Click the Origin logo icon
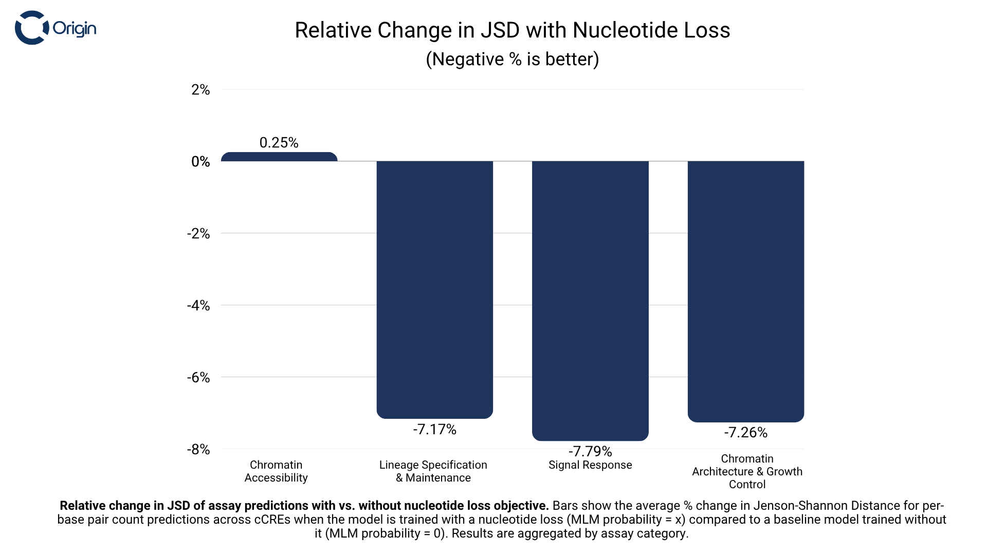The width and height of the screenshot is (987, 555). click(x=31, y=28)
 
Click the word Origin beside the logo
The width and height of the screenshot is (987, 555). click(x=75, y=28)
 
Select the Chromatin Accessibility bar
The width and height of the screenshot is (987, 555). click(x=279, y=157)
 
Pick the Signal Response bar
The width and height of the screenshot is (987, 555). click(x=590, y=300)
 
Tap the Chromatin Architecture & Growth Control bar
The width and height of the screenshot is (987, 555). click(x=746, y=291)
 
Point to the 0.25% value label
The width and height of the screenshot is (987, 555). click(x=279, y=142)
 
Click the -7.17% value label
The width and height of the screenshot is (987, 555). click(x=435, y=429)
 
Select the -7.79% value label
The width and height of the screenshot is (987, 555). click(x=590, y=451)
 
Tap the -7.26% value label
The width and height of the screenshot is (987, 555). click(x=746, y=432)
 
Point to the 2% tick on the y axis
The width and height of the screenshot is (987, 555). click(x=200, y=90)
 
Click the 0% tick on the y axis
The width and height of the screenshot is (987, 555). click(x=200, y=162)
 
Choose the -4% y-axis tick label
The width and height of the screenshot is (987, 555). click(x=198, y=306)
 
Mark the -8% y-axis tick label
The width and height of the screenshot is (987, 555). click(x=198, y=450)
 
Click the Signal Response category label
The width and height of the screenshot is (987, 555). click(x=590, y=465)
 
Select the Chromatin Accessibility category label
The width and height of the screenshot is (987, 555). click(x=276, y=471)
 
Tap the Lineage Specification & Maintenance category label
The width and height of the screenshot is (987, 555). click(x=433, y=471)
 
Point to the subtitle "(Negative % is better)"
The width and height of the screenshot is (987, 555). click(x=513, y=59)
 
